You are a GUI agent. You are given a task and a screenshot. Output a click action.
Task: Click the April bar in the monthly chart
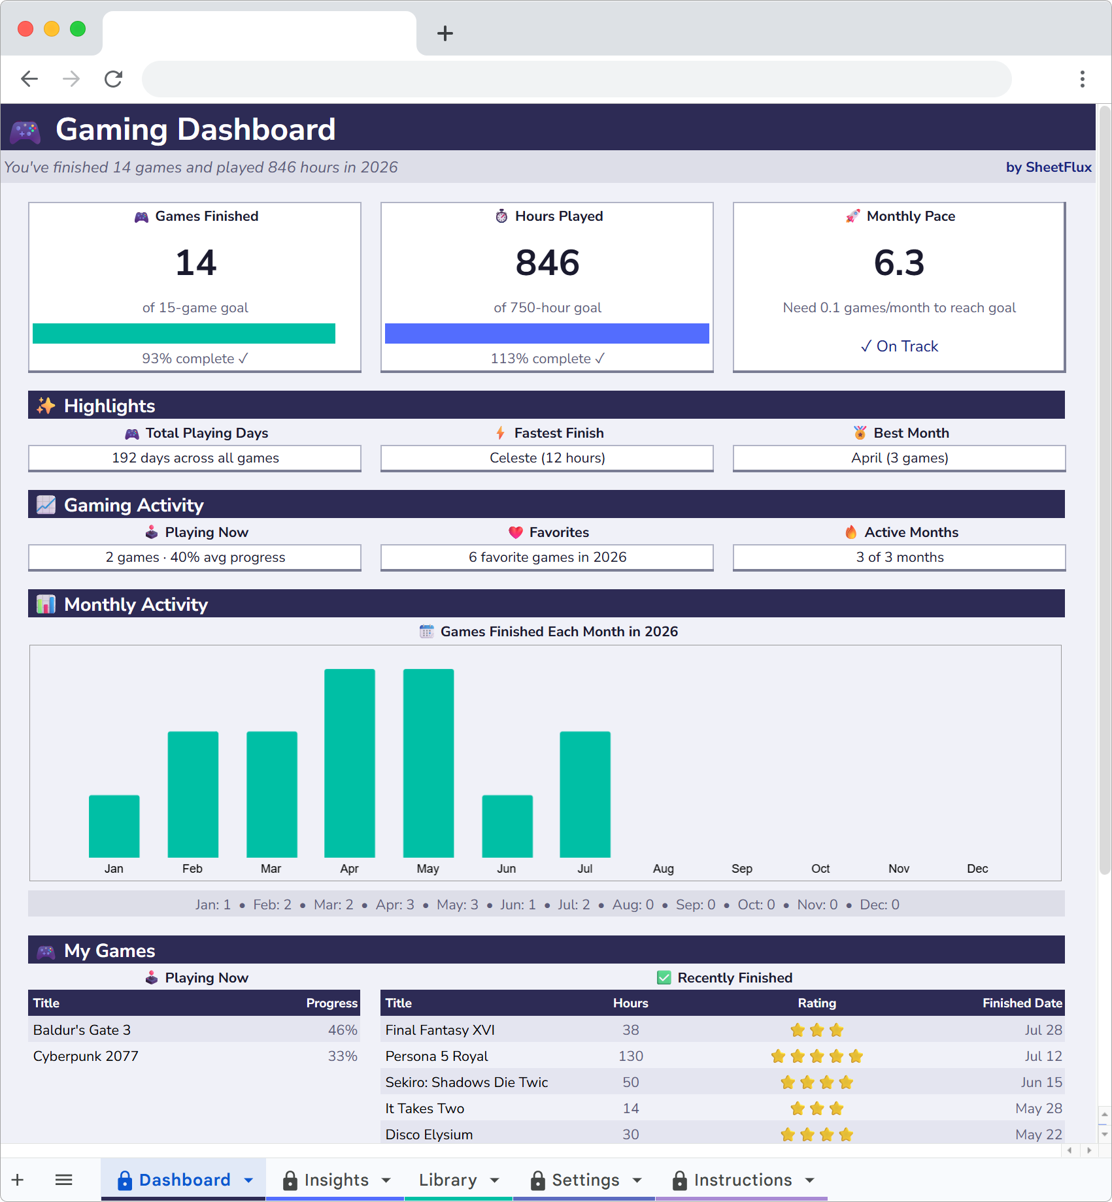pyautogui.click(x=350, y=762)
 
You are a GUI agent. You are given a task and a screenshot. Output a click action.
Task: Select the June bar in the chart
pyautogui.click(x=507, y=826)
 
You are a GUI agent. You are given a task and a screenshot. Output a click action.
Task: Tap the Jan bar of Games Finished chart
pyautogui.click(x=114, y=826)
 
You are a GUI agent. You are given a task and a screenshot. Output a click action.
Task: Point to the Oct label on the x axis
pyautogui.click(x=820, y=869)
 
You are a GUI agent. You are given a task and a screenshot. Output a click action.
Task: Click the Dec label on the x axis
pyautogui.click(x=977, y=869)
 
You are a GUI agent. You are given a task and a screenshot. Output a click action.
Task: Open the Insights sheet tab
pyautogui.click(x=336, y=1180)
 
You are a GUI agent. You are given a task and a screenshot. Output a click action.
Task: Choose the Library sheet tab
pyautogui.click(x=448, y=1180)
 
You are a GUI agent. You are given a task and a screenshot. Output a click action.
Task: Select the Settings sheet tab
pyautogui.click(x=585, y=1180)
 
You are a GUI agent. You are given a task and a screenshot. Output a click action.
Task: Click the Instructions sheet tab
pyautogui.click(x=743, y=1180)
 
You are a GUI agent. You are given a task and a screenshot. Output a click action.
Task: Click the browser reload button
pyautogui.click(x=114, y=79)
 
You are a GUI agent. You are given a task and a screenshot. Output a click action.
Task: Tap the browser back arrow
pyautogui.click(x=29, y=79)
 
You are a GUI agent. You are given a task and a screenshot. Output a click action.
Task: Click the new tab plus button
pyautogui.click(x=445, y=33)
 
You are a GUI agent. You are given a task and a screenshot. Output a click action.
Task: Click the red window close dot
pyautogui.click(x=25, y=29)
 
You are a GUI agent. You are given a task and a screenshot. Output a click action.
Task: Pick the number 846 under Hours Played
pyautogui.click(x=547, y=263)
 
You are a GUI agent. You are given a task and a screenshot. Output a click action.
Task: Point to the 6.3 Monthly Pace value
pyautogui.click(x=899, y=263)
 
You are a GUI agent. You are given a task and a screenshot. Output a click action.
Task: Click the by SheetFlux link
pyautogui.click(x=1048, y=167)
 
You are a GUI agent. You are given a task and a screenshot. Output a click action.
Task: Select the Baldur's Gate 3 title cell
pyautogui.click(x=82, y=1030)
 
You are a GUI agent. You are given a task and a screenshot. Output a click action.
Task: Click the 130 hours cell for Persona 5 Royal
pyautogui.click(x=630, y=1056)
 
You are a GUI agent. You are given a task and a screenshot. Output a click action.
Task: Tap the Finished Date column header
pyautogui.click(x=1022, y=1003)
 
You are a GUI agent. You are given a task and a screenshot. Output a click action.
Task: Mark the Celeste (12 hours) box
pyautogui.click(x=547, y=458)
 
